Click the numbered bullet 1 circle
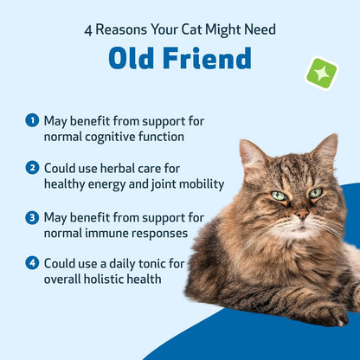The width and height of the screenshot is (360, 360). click(32, 120)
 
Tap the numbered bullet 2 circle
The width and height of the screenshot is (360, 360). click(32, 168)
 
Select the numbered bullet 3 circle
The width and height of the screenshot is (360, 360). click(32, 216)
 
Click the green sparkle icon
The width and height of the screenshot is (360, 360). click(321, 73)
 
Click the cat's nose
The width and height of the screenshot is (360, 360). click(300, 213)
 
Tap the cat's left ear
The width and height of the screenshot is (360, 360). click(252, 156)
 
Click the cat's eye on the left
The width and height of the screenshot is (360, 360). click(279, 196)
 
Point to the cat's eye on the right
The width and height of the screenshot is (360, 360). click(316, 192)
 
